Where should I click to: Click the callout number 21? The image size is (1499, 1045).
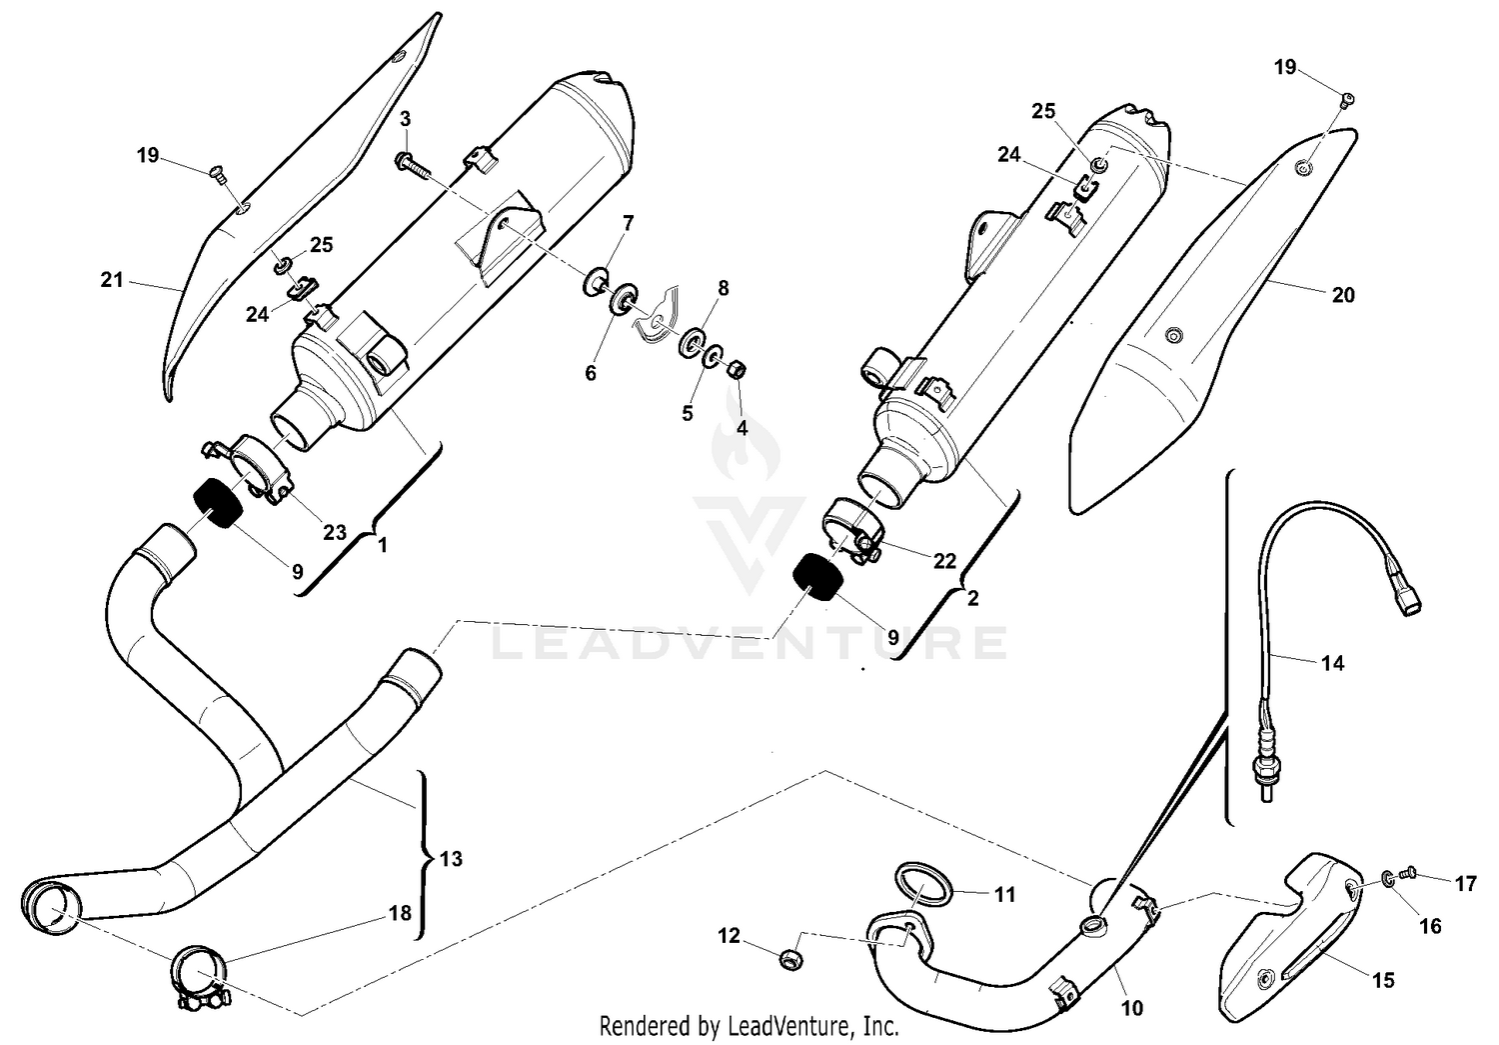pos(112,280)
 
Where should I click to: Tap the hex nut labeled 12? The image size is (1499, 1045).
pos(788,959)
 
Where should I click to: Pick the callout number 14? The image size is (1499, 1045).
pos(1332,663)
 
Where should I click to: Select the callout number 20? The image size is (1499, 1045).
pos(1343,295)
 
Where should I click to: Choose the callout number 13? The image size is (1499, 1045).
pos(451,859)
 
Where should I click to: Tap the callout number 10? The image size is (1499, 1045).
pos(1132,1009)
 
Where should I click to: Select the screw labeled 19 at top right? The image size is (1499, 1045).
pos(1347,98)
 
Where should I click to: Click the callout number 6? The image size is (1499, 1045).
pos(591,373)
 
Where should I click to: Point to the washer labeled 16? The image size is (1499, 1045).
pos(1388,878)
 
